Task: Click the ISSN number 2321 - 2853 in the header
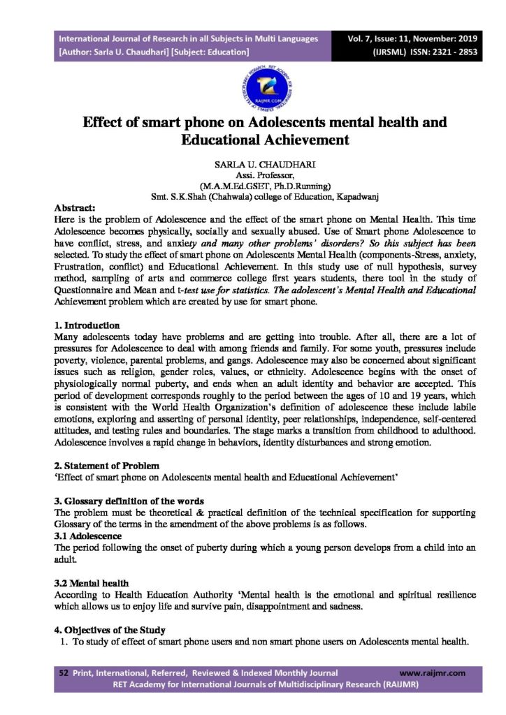click(442, 52)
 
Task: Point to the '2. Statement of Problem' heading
click(106, 465)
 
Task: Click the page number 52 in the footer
click(64, 673)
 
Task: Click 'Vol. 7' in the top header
click(370, 38)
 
